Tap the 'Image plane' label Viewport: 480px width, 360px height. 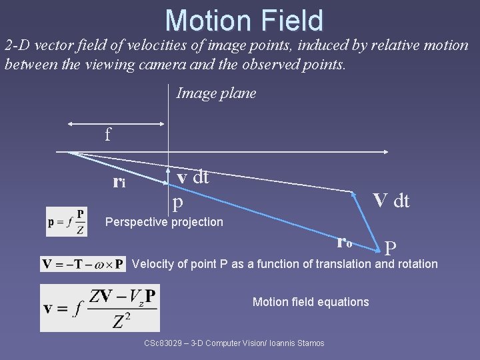click(216, 93)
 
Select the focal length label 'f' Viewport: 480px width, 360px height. click(108, 135)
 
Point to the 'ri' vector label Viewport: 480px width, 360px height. click(119, 181)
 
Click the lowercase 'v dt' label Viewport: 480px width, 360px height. click(193, 177)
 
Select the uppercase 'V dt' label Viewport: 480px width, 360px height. click(391, 200)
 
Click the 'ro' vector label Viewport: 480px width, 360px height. click(345, 242)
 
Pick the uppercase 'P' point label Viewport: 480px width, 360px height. click(391, 249)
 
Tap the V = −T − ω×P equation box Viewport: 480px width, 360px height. click(83, 264)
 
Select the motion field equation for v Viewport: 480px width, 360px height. click(100, 307)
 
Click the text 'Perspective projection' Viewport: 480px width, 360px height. click(165, 222)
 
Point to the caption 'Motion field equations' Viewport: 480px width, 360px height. click(311, 302)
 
